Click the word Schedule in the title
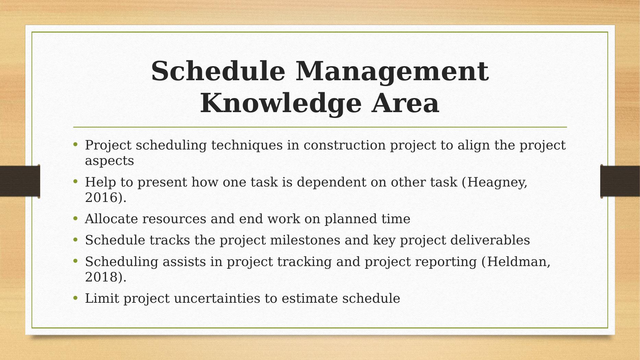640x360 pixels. [218, 71]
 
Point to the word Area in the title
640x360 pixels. [406, 103]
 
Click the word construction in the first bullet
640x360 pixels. [345, 145]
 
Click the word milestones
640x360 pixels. [305, 240]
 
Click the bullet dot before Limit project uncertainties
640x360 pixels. [76, 298]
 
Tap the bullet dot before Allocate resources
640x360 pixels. [76, 219]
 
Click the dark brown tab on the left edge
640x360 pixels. [20, 181]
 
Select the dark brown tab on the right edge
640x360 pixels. [620, 181]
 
